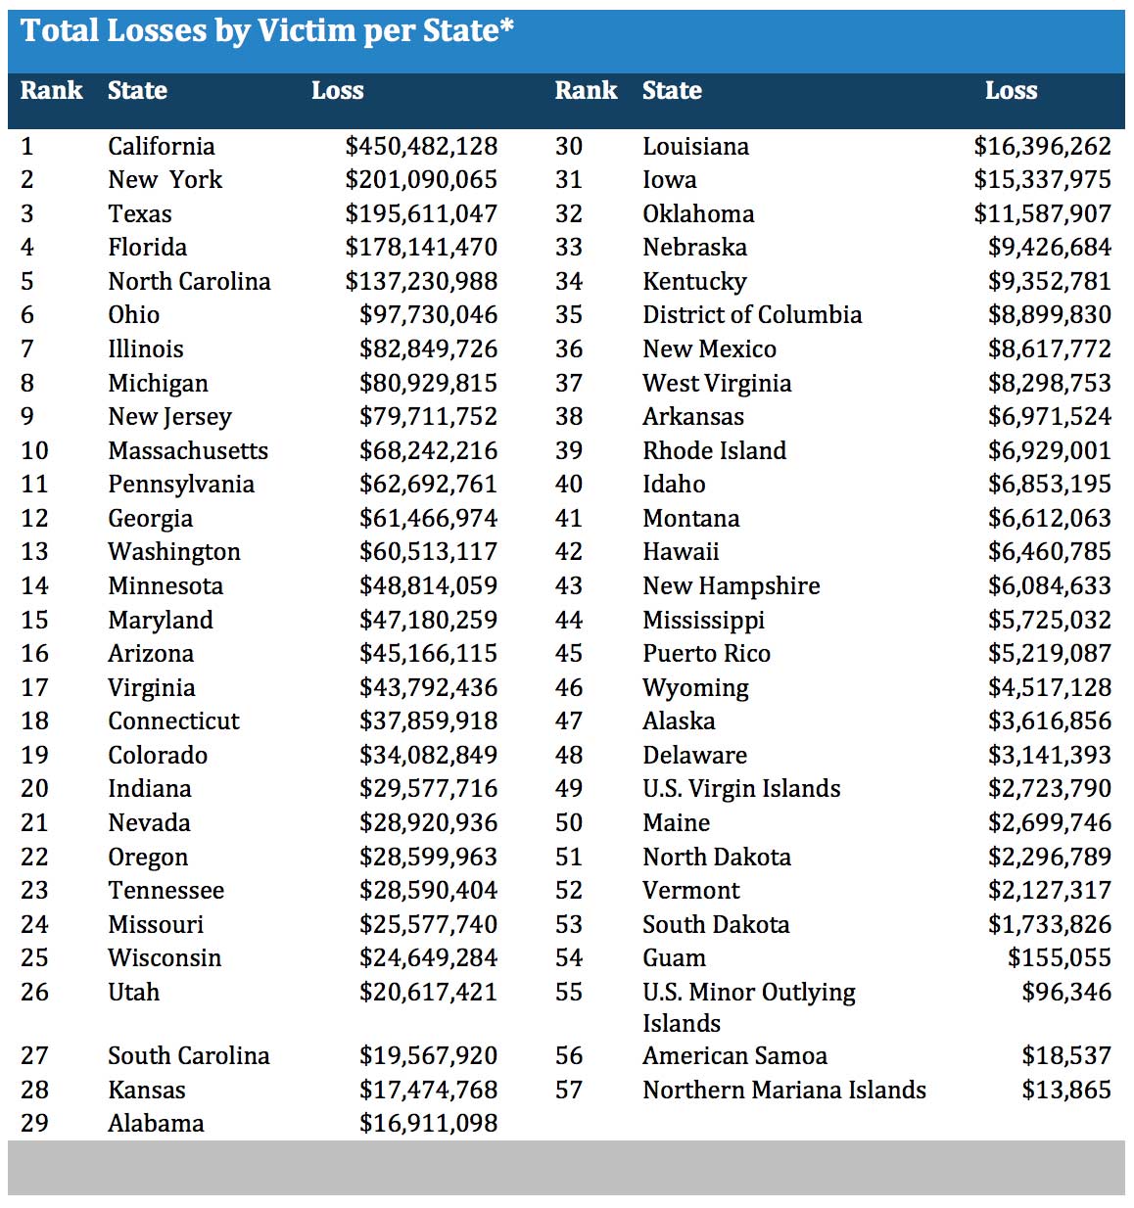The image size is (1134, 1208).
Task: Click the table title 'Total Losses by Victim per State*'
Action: (266, 31)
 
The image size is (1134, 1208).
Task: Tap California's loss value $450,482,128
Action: (421, 147)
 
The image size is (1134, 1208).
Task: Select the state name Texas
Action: (140, 214)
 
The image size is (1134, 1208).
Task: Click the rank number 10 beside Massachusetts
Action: (34, 451)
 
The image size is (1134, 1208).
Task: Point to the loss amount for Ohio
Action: (428, 315)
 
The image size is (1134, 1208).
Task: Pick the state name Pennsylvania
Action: (181, 485)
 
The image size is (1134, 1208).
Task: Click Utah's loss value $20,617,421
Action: (428, 993)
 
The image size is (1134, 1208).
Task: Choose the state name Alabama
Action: (156, 1124)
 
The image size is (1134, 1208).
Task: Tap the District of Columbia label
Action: (752, 315)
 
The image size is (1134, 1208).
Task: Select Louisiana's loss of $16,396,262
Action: (1042, 147)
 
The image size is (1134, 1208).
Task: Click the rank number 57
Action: (569, 1091)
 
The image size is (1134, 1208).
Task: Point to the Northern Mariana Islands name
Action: (784, 1091)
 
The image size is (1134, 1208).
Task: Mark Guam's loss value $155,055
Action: (1060, 958)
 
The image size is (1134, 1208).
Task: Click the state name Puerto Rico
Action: (706, 654)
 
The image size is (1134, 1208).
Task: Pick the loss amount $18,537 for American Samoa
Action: (1066, 1056)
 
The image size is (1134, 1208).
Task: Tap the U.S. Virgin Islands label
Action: (741, 789)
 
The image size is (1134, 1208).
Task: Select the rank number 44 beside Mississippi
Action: (569, 621)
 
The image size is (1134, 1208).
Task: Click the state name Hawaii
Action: (681, 552)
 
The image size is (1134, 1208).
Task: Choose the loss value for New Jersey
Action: (428, 417)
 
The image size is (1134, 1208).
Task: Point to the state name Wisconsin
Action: (165, 958)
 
